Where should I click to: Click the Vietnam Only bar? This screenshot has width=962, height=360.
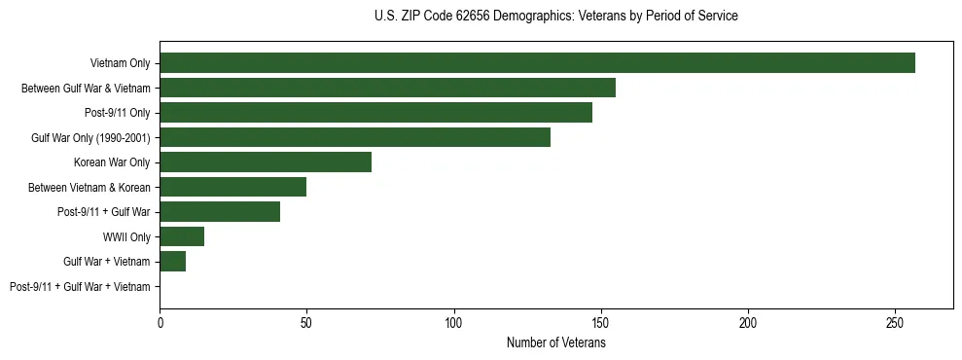click(x=537, y=63)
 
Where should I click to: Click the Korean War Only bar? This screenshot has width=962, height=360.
click(x=266, y=162)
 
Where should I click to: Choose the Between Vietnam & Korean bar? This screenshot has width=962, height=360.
click(x=233, y=187)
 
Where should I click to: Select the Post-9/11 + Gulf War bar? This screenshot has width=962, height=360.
click(x=220, y=212)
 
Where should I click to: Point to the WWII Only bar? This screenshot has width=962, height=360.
click(x=182, y=236)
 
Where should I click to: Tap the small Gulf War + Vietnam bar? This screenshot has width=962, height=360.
click(x=173, y=261)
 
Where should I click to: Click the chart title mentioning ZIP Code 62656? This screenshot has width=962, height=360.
click(x=555, y=17)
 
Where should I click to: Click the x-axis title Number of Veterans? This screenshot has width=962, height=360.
click(x=555, y=343)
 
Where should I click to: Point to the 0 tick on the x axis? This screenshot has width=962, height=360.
click(x=160, y=321)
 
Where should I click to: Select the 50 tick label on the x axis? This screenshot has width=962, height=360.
click(x=307, y=321)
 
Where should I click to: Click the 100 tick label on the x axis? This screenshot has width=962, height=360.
click(x=454, y=321)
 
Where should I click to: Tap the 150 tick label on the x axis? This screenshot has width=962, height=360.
click(x=601, y=321)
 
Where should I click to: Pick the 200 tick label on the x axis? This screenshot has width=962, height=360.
click(x=748, y=321)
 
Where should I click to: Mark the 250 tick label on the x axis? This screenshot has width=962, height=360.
click(x=895, y=321)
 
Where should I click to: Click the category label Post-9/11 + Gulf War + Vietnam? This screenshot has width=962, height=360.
click(x=80, y=286)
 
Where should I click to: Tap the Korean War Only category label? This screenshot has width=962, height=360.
click(x=112, y=162)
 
